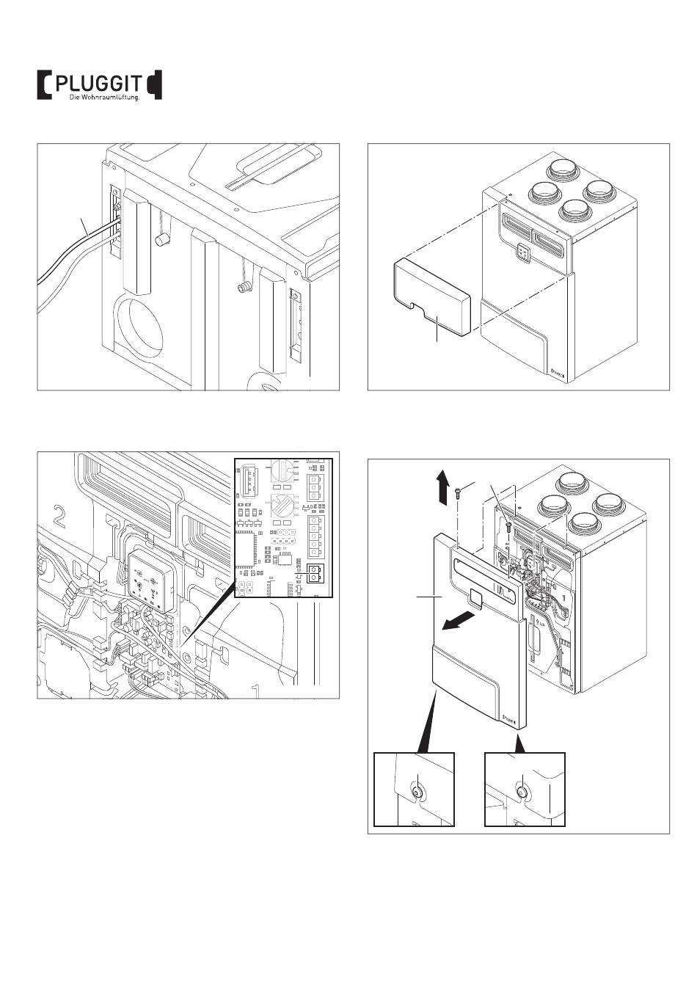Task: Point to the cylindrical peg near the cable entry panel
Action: coord(159,241)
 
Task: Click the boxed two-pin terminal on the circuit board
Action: coord(314,573)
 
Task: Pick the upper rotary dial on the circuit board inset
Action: coord(282,470)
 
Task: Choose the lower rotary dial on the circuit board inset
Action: coord(282,506)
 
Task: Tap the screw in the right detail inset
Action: coord(521,793)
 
